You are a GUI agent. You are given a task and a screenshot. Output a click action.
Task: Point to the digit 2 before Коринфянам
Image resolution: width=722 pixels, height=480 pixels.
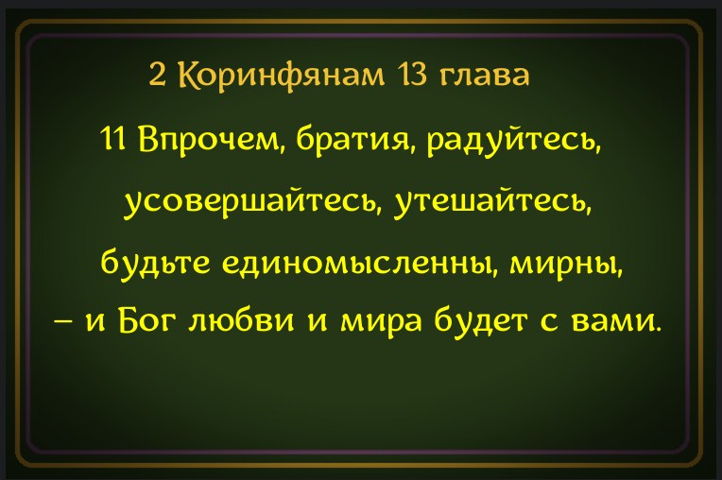pyautogui.click(x=158, y=75)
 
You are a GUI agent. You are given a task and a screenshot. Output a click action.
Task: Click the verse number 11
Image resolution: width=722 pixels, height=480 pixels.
pyautogui.click(x=112, y=139)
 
